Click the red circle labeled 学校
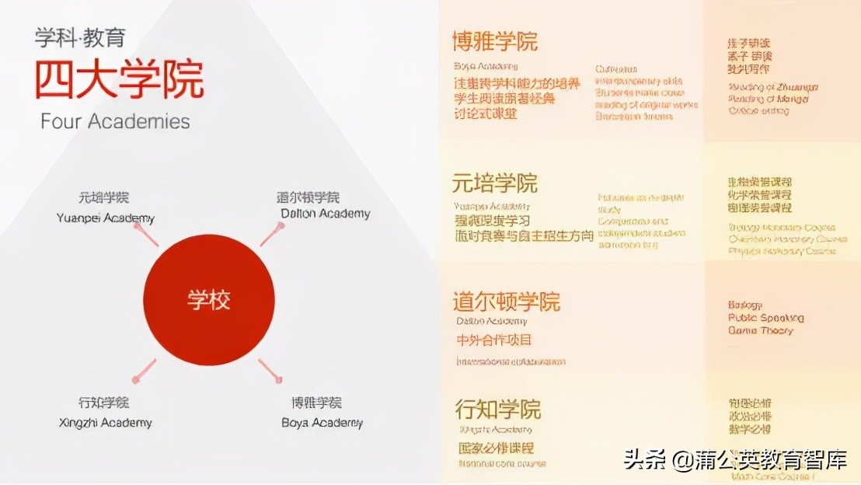click(x=209, y=300)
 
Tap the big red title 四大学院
click(x=119, y=79)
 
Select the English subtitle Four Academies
click(x=115, y=122)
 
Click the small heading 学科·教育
click(x=79, y=37)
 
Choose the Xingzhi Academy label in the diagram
click(x=105, y=423)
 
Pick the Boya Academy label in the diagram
click(x=322, y=423)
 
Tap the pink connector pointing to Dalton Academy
click(x=272, y=233)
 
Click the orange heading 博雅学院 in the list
click(x=495, y=41)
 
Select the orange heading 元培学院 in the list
click(x=495, y=183)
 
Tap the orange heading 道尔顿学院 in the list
click(x=506, y=302)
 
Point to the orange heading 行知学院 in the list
click(x=497, y=409)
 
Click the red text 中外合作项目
click(x=494, y=340)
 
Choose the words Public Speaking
click(x=765, y=318)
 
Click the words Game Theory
click(x=760, y=330)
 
